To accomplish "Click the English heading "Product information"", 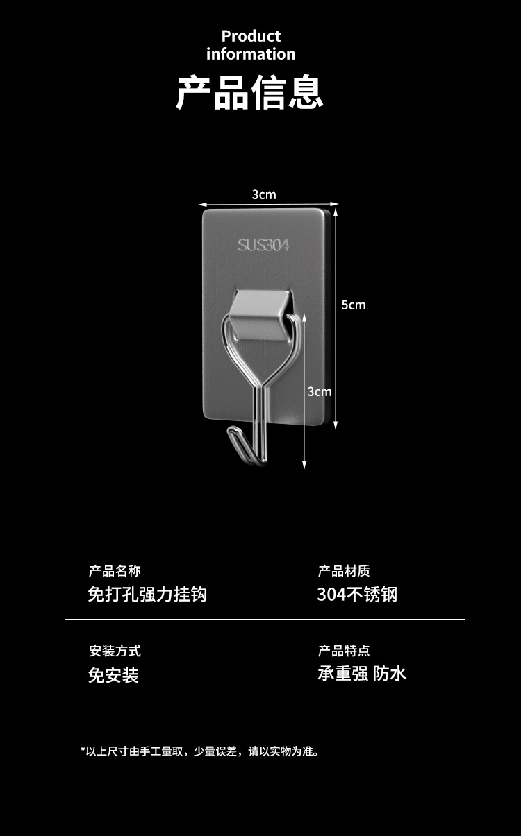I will click(250, 45).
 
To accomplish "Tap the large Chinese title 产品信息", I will click(250, 93).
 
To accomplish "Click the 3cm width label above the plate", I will click(264, 194).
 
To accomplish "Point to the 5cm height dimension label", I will click(353, 305).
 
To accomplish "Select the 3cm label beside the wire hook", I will click(320, 391).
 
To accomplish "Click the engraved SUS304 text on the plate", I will click(263, 245).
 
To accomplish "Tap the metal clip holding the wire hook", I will click(260, 316).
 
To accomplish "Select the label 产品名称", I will click(115, 571).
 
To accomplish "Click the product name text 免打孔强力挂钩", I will click(147, 594).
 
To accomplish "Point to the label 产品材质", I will click(344, 571).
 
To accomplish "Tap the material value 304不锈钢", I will click(357, 594).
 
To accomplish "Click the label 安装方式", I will click(115, 651).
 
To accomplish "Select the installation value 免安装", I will click(113, 674).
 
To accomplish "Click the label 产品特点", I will click(344, 651).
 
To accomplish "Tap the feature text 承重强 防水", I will click(362, 673).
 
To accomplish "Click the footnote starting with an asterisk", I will click(200, 751).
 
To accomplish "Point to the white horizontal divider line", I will click(265, 619).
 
